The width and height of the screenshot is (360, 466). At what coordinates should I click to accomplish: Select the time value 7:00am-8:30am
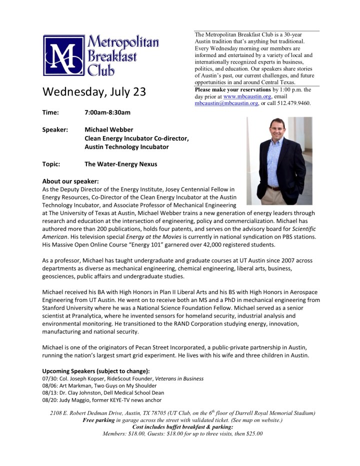coord(107,112)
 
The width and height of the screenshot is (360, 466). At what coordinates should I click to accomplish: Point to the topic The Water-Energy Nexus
coord(120,163)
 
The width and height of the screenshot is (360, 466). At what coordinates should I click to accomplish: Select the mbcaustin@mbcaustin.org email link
coord(226,103)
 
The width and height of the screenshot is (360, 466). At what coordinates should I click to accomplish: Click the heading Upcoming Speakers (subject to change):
coord(95,371)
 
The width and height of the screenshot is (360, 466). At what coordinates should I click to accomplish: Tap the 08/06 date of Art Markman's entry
coord(50,386)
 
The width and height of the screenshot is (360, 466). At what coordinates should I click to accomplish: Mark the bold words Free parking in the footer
coord(98,420)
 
